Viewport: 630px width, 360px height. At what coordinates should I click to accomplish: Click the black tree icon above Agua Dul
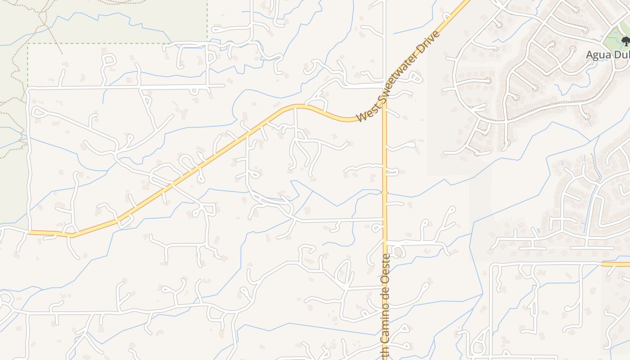(625, 41)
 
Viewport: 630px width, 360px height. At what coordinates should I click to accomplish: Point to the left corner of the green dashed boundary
(28, 44)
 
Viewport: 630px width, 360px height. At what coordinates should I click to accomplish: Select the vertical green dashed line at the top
(207, 20)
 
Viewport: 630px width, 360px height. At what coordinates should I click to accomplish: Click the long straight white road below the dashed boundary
(126, 86)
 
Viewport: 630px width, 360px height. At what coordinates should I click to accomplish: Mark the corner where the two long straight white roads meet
(29, 89)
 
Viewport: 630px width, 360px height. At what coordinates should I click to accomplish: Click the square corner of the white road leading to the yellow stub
(492, 265)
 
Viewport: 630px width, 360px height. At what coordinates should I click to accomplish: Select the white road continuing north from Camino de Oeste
(385, 45)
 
